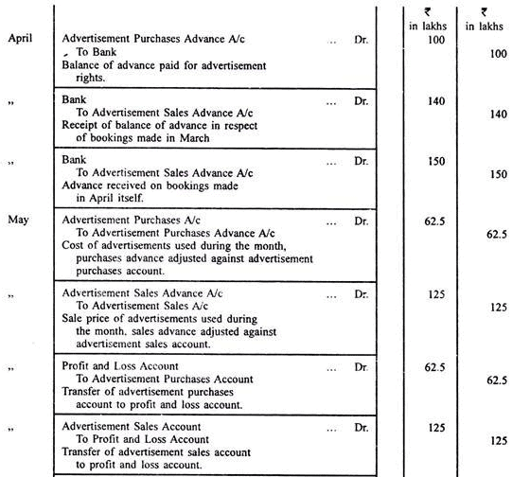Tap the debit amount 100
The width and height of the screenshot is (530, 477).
434,40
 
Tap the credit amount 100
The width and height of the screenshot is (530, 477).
498,55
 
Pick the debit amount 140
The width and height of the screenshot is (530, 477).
434,98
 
